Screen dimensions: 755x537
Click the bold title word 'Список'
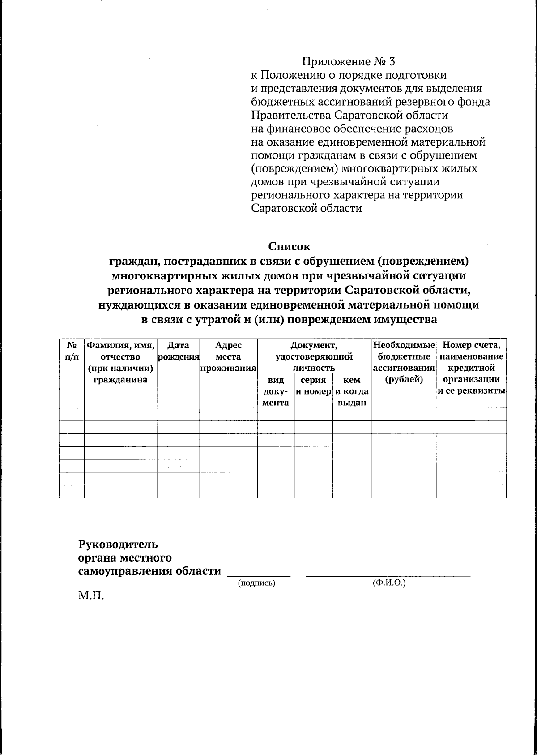coord(289,246)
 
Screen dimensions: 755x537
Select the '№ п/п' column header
coord(72,351)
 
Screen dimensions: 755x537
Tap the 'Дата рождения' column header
coord(178,351)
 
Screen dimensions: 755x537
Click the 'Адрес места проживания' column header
coord(228,357)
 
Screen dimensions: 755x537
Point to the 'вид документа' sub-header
coord(275,391)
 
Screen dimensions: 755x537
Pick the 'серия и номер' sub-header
coord(313,386)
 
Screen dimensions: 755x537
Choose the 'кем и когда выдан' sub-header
coord(352,391)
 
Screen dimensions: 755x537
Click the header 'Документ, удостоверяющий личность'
coord(314,356)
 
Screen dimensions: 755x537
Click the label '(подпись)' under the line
coord(256,583)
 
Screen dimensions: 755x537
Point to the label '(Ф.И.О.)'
coord(388,583)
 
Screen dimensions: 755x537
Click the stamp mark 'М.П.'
coord(91,596)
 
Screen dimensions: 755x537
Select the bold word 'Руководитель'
coord(118,545)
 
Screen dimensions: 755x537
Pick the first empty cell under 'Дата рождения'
coord(178,414)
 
